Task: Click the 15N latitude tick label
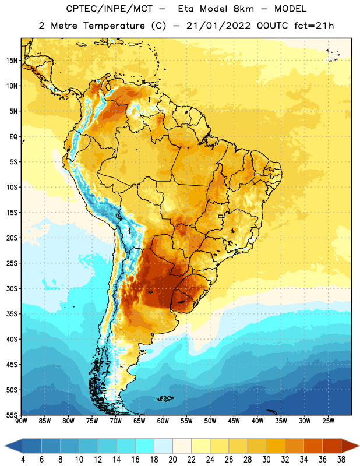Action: (x=12, y=61)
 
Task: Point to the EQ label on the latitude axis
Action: (x=13, y=137)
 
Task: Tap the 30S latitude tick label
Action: (x=12, y=288)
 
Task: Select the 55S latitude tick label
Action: (x=12, y=415)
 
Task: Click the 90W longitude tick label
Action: (x=21, y=421)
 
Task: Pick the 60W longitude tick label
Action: (x=163, y=421)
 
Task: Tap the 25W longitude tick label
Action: (x=328, y=421)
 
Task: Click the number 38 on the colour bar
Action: (x=341, y=460)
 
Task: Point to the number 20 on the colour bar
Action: (x=172, y=460)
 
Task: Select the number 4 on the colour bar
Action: (x=23, y=460)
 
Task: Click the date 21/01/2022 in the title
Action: (x=218, y=26)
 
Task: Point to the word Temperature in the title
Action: (x=114, y=26)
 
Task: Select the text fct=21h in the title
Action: (x=314, y=26)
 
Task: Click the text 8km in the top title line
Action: (x=243, y=9)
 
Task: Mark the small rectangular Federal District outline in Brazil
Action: (x=221, y=216)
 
